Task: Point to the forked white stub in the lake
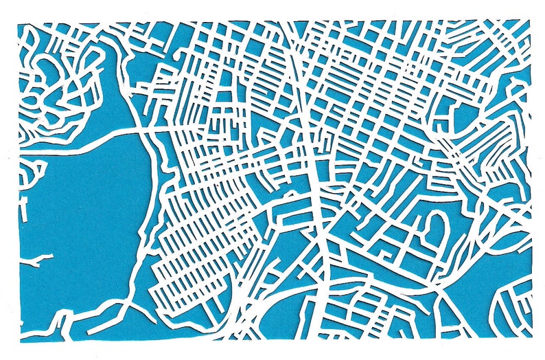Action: pos(38,260)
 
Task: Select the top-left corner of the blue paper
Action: pos(19,23)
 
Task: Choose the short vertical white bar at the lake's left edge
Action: pos(24,210)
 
